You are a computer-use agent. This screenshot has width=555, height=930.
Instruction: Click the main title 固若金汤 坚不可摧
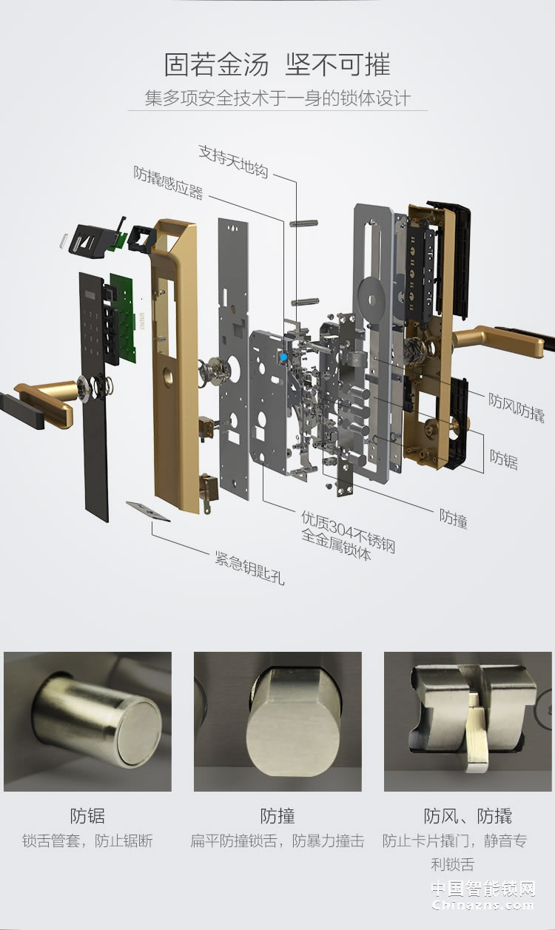click(277, 64)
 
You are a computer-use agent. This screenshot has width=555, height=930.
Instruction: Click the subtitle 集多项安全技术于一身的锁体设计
click(277, 98)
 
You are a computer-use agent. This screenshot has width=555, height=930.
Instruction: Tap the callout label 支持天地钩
click(233, 161)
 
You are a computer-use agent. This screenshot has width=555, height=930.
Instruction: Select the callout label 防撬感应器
click(168, 183)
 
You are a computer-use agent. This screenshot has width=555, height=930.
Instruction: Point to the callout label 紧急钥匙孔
click(249, 567)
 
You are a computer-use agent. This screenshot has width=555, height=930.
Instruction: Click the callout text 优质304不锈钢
click(348, 531)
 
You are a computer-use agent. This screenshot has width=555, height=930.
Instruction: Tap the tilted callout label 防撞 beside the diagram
click(454, 519)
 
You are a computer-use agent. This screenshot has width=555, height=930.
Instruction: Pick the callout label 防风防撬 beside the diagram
click(516, 407)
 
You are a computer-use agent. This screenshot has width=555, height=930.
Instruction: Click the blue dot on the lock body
click(283, 356)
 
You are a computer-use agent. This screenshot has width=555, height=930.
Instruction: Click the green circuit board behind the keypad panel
click(124, 317)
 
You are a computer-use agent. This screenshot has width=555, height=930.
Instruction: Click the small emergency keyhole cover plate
click(148, 511)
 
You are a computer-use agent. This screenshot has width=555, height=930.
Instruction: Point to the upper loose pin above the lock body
click(303, 223)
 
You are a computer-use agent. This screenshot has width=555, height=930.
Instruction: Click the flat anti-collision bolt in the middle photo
click(293, 722)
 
